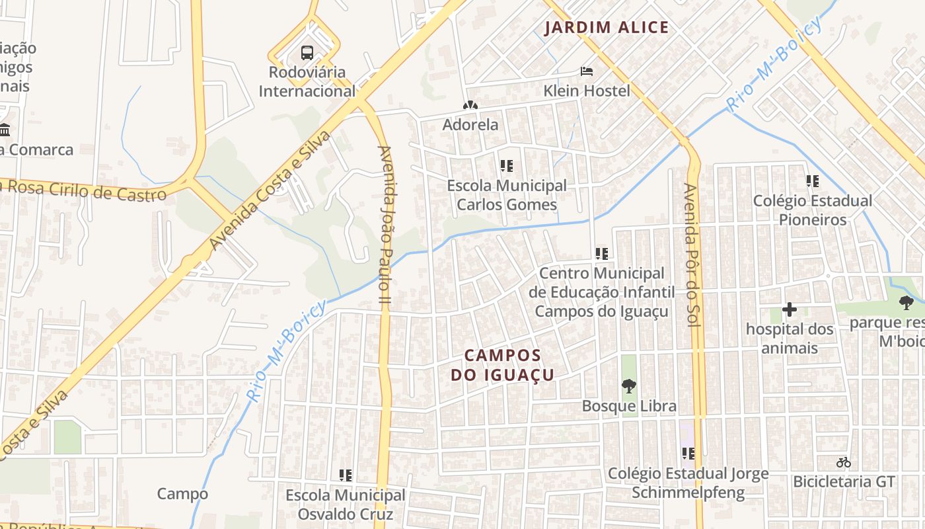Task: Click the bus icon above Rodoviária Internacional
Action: pyautogui.click(x=307, y=52)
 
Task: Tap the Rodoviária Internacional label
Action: pyautogui.click(x=307, y=81)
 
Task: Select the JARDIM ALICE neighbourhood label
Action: pyautogui.click(x=607, y=28)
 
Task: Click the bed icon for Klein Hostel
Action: pyautogui.click(x=586, y=71)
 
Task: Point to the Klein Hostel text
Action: pyautogui.click(x=586, y=91)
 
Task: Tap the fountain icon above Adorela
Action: pyautogui.click(x=470, y=105)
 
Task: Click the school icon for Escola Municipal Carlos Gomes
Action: pyautogui.click(x=507, y=166)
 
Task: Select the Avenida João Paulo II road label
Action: pyautogui.click(x=385, y=225)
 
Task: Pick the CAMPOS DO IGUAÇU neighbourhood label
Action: pyautogui.click(x=502, y=365)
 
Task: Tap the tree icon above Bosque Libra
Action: pyautogui.click(x=628, y=386)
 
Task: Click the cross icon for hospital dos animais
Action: pyautogui.click(x=789, y=309)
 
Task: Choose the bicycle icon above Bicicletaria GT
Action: pyautogui.click(x=843, y=462)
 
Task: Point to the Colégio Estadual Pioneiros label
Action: pyautogui.click(x=812, y=210)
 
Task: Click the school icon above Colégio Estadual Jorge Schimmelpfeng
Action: pyautogui.click(x=688, y=454)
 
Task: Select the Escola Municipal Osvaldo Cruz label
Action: pyautogui.click(x=345, y=505)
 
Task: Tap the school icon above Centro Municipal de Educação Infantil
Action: pyautogui.click(x=601, y=253)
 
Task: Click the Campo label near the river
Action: pyautogui.click(x=182, y=493)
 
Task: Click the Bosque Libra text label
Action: pyautogui.click(x=628, y=406)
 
